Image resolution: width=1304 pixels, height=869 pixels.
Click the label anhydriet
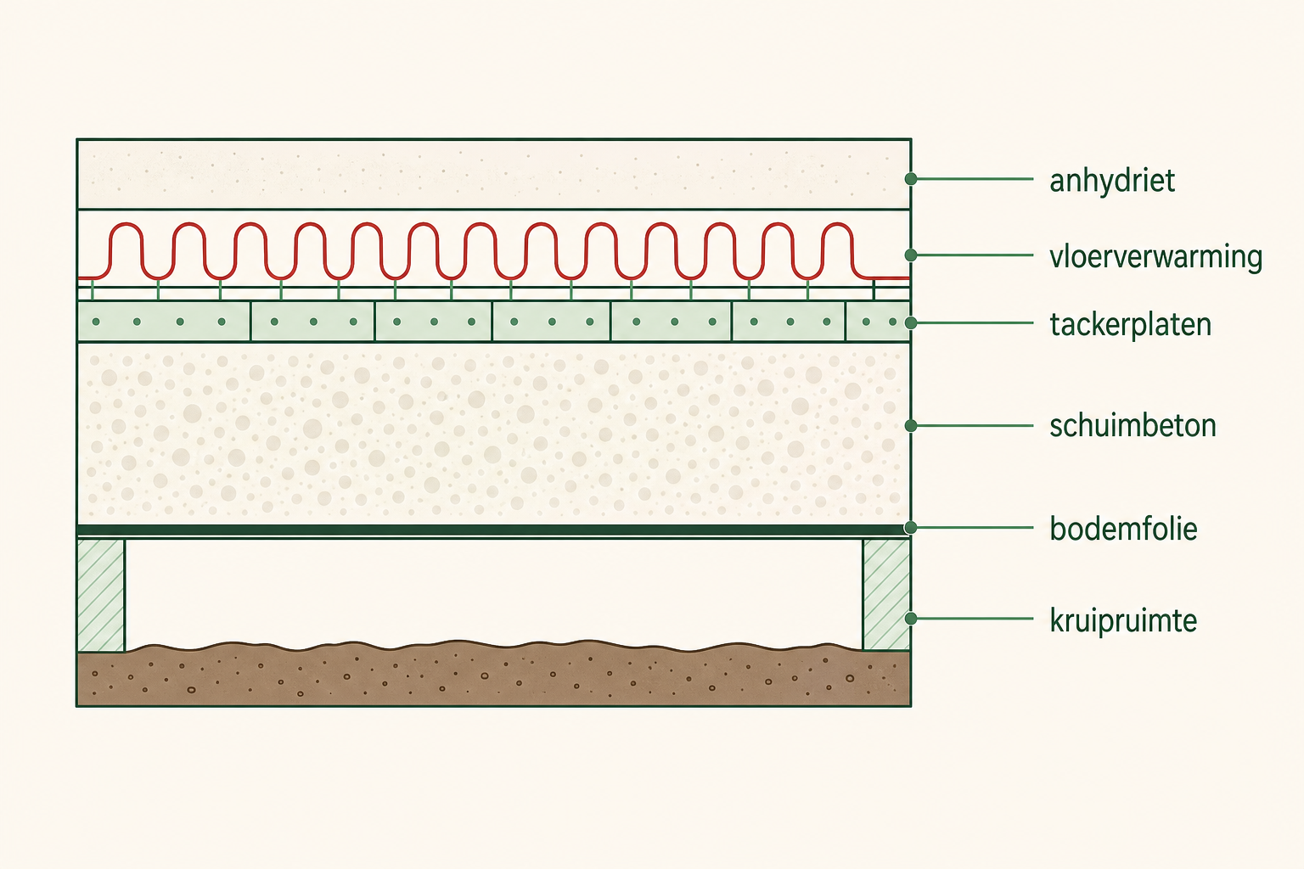1112,181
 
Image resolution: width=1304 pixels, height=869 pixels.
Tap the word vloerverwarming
1155,256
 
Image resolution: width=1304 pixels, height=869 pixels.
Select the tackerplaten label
1131,324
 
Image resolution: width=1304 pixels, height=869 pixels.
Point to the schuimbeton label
1133,425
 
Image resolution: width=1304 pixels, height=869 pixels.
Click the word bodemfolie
1123,529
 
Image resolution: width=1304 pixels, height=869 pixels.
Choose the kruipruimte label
1123,620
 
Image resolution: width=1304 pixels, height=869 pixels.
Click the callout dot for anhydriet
911,179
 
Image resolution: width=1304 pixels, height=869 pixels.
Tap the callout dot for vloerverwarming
911,255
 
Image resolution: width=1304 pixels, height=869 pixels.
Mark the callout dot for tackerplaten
911,323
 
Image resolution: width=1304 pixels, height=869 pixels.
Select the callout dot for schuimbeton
911,425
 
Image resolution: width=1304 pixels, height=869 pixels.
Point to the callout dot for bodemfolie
911,528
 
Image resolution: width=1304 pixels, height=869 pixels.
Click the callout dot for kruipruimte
911,618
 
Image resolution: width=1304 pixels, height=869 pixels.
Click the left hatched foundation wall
101,595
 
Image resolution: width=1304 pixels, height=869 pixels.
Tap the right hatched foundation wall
886,594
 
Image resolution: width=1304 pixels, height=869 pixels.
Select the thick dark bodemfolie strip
493,530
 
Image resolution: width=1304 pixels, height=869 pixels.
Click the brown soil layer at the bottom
493,676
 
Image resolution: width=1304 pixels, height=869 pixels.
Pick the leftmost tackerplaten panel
164,322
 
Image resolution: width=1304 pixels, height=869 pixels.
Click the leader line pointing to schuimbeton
972,425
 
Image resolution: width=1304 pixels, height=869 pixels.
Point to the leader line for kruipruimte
972,618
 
